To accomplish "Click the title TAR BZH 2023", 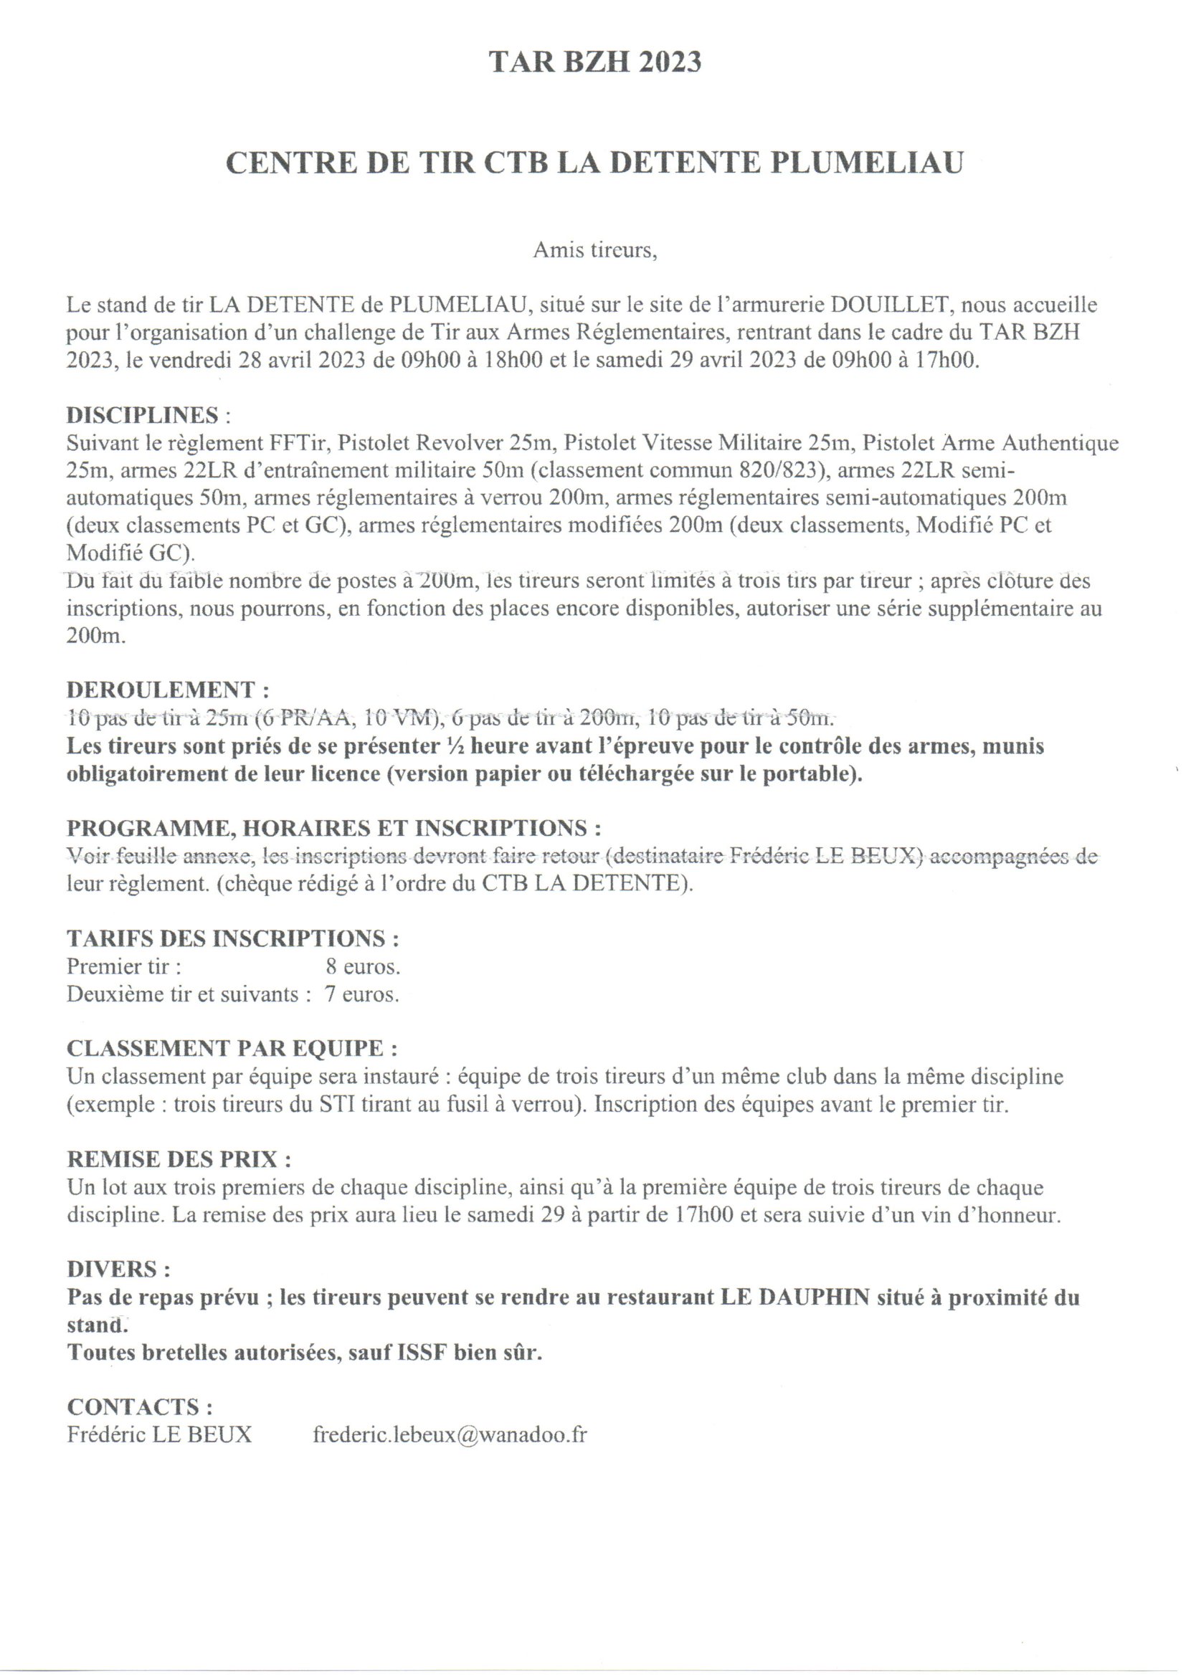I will click(x=594, y=63).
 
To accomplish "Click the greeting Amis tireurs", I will click(x=594, y=250).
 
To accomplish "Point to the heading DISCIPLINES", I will click(x=143, y=414).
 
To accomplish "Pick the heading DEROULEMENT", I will click(x=161, y=690).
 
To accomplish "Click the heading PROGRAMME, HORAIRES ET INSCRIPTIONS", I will click(x=333, y=829).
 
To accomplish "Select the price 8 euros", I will click(x=363, y=966).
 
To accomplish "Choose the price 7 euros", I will click(x=362, y=995).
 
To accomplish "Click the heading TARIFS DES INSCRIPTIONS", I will click(x=232, y=939).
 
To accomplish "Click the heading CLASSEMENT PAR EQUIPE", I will click(x=232, y=1049).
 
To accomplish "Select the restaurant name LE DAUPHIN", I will click(x=796, y=1298).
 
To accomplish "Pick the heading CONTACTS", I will click(x=139, y=1406).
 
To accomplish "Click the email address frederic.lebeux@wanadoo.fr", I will click(x=450, y=1435).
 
